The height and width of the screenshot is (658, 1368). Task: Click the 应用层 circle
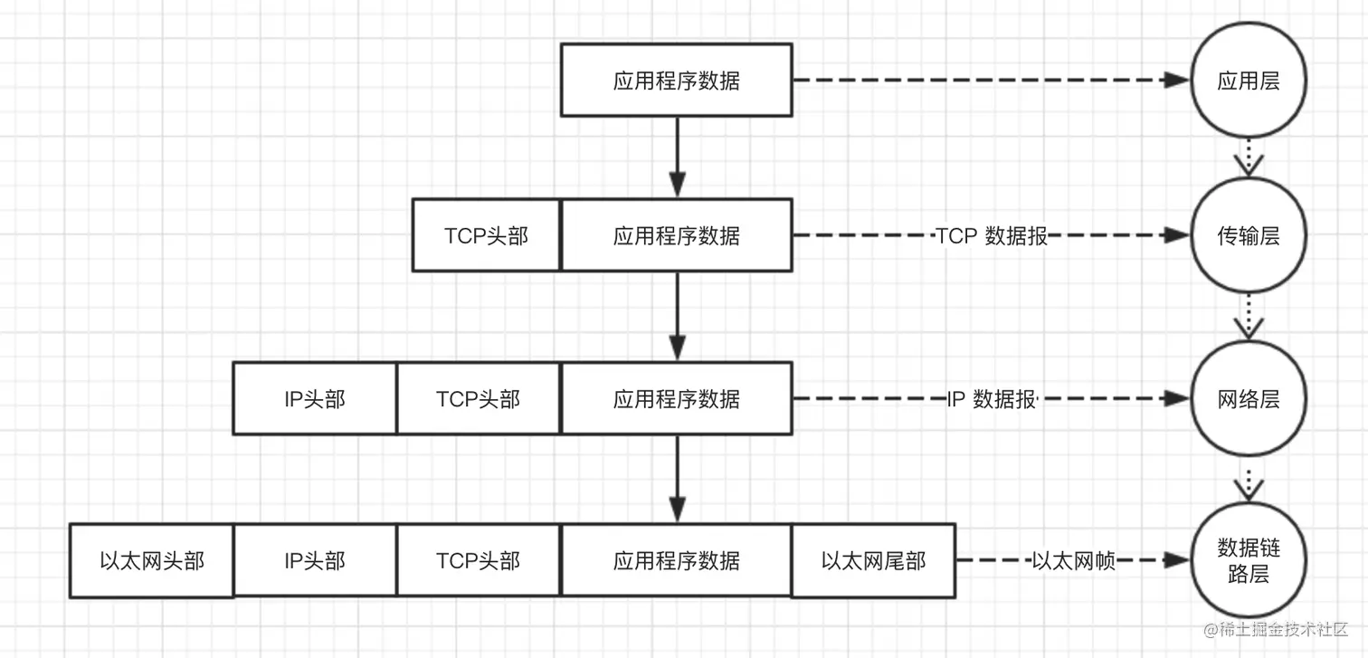pos(1249,81)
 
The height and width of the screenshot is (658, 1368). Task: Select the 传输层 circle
pos(1249,236)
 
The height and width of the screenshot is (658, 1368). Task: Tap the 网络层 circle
pos(1249,399)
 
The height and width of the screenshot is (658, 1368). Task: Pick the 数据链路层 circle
pos(1249,561)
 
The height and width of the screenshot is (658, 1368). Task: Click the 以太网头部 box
pos(152,561)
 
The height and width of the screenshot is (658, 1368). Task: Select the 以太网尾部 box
pos(873,561)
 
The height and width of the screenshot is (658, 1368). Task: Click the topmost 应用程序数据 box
pos(677,81)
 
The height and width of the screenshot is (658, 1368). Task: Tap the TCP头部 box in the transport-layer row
pos(487,236)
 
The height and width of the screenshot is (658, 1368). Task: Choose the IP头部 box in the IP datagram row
pos(315,399)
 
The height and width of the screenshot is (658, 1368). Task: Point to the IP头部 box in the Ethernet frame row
pos(315,561)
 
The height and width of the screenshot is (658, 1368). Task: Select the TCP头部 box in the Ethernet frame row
pos(479,561)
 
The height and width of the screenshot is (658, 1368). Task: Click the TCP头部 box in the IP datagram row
pos(479,399)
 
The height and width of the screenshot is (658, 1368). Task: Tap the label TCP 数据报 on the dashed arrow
pos(992,236)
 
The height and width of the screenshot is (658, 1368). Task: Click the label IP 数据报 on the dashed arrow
pos(992,399)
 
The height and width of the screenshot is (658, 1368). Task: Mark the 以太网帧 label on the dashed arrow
pos(1074,561)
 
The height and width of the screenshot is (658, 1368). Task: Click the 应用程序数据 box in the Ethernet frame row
pos(677,561)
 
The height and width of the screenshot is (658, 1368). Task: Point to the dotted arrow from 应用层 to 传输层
pos(1249,158)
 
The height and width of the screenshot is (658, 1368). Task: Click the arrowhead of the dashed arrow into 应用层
pos(1176,81)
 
